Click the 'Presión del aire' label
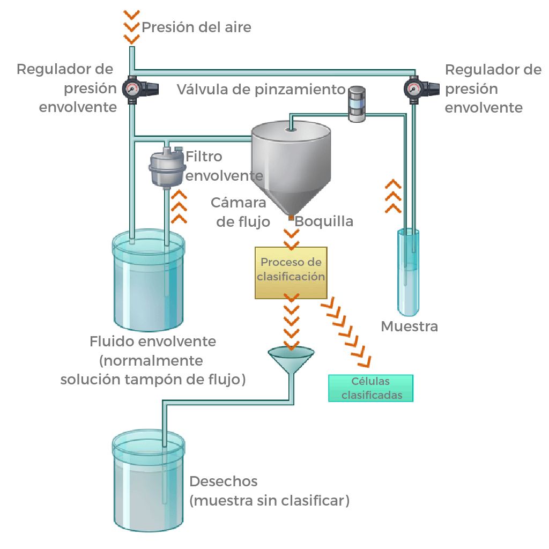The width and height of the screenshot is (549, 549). pyautogui.click(x=196, y=27)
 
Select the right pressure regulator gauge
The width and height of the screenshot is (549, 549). pyautogui.click(x=413, y=87)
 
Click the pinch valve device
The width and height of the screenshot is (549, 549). pyautogui.click(x=356, y=103)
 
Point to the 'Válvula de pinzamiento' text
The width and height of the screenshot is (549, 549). pyautogui.click(x=261, y=89)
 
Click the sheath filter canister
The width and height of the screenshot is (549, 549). pyautogui.click(x=165, y=168)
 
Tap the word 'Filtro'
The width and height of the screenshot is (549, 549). pyautogui.click(x=204, y=157)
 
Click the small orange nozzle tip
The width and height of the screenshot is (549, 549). pyautogui.click(x=291, y=217)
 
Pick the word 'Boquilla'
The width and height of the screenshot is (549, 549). pyautogui.click(x=324, y=221)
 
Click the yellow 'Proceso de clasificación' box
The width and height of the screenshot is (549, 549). pyautogui.click(x=291, y=272)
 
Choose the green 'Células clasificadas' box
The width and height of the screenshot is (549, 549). pyautogui.click(x=370, y=388)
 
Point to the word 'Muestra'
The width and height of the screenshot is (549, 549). pyautogui.click(x=409, y=326)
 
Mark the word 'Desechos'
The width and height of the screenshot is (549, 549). pyautogui.click(x=224, y=481)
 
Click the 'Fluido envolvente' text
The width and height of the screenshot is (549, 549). pyautogui.click(x=153, y=342)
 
